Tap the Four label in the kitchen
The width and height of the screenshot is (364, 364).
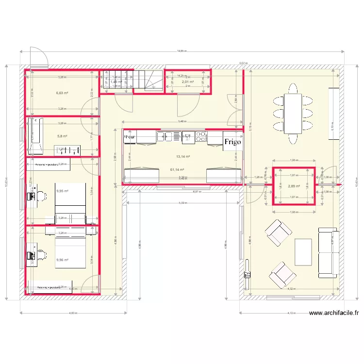[130, 137]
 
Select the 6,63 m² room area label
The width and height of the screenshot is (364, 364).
[62, 93]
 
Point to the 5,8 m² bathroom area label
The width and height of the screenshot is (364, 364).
[62, 136]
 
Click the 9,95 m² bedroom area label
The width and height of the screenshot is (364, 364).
[62, 191]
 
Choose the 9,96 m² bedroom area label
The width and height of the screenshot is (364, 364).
[62, 260]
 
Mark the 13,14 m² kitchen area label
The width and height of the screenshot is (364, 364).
[183, 156]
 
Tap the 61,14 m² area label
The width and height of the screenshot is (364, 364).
[176, 169]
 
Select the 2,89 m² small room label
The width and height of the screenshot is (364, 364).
[294, 186]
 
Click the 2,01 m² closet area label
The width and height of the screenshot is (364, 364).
[188, 82]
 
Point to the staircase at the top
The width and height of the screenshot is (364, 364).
[148, 81]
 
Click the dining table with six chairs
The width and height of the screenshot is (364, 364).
[293, 114]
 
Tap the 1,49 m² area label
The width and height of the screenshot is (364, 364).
[115, 82]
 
